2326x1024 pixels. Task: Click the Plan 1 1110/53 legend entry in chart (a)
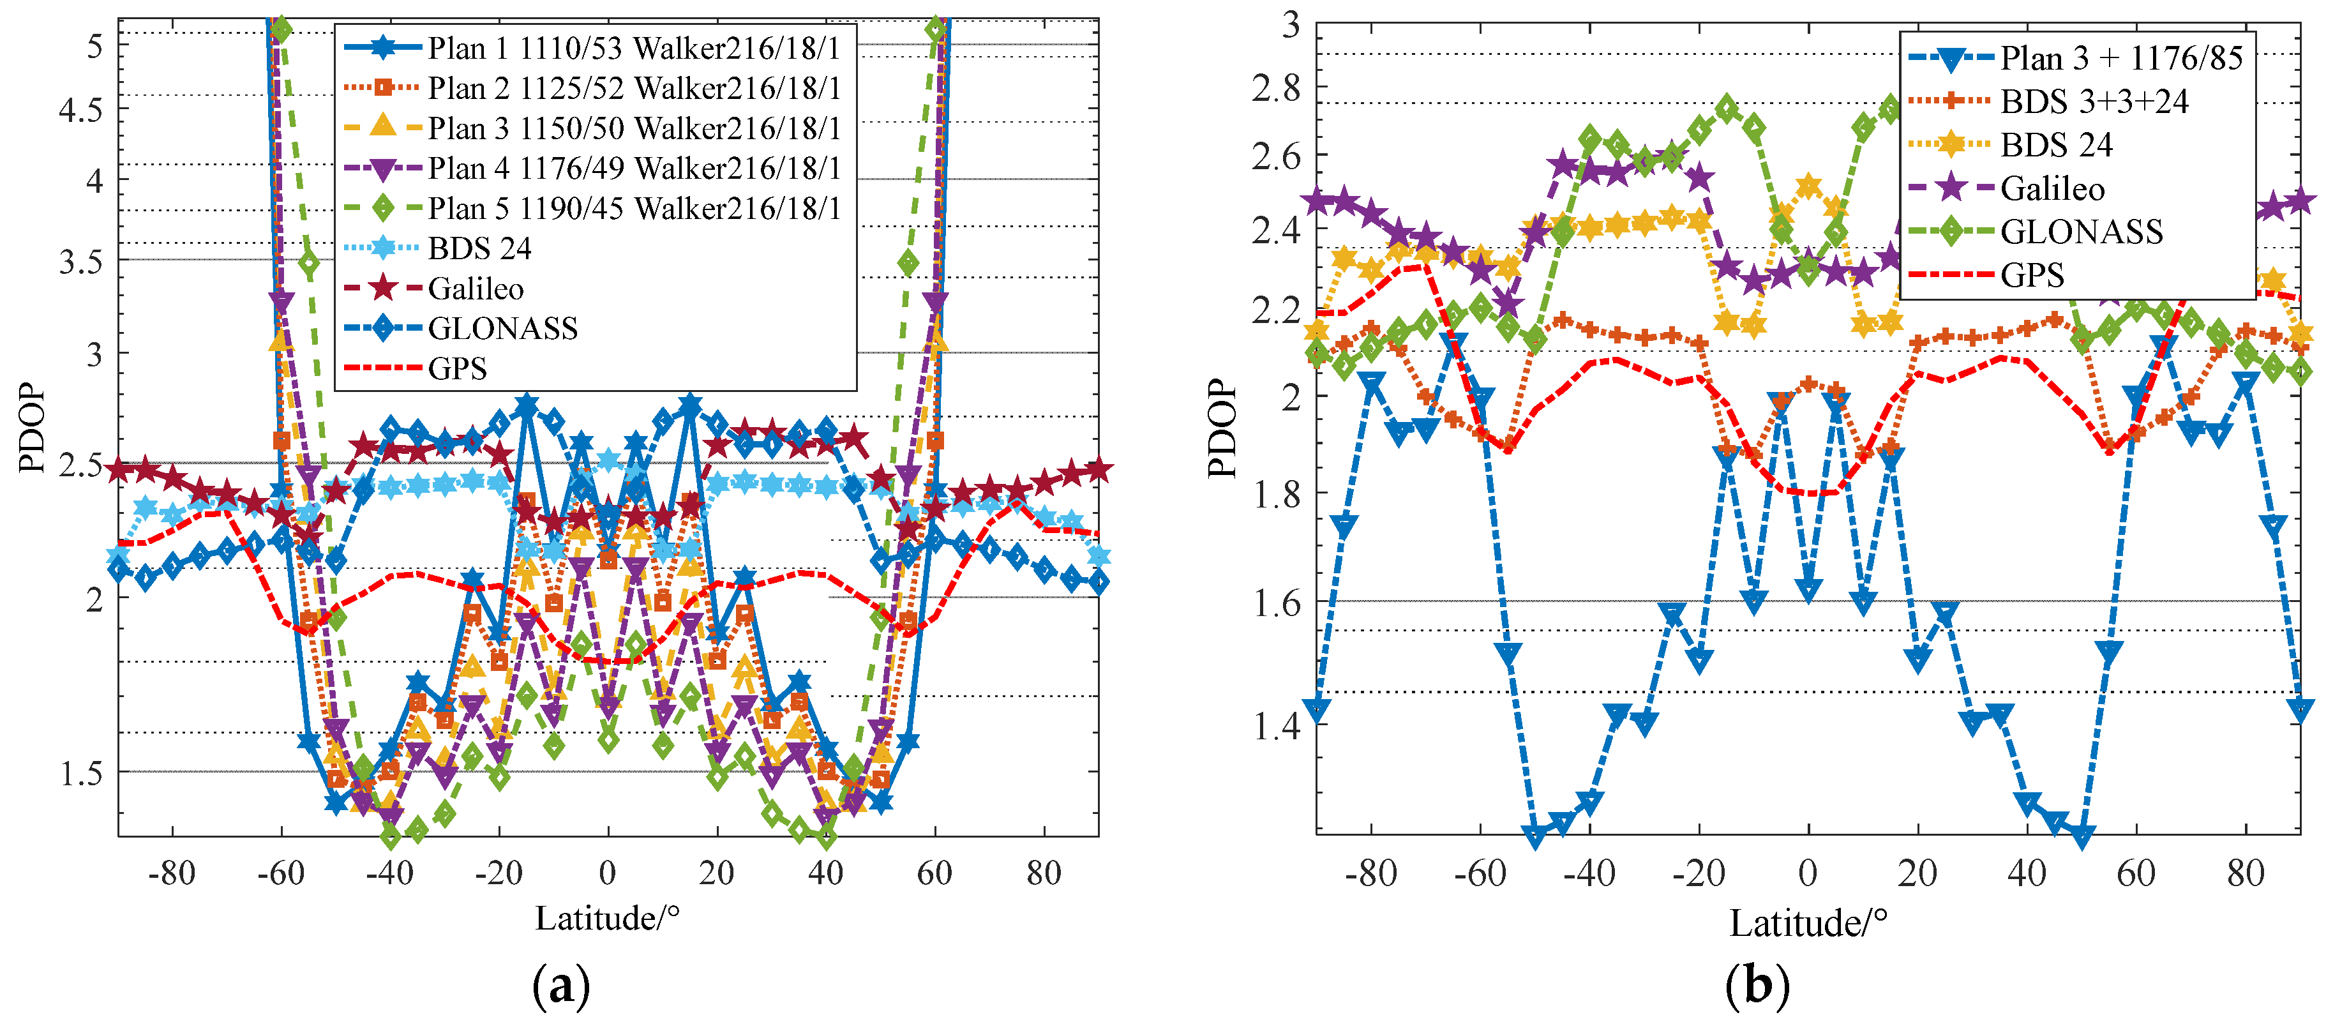(632, 48)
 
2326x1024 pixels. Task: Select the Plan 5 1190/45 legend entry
(632, 209)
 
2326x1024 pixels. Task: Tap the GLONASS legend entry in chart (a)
(502, 329)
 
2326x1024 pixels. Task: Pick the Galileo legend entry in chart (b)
(2052, 189)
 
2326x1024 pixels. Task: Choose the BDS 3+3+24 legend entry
(2093, 102)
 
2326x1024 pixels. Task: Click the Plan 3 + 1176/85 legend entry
(2120, 59)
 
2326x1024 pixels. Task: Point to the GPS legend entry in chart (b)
(2032, 275)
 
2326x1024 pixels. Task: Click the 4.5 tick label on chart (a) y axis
(81, 111)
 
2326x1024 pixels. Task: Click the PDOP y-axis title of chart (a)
(32, 427)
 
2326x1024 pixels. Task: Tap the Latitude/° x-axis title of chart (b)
(1808, 924)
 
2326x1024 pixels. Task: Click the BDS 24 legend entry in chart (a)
(479, 248)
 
